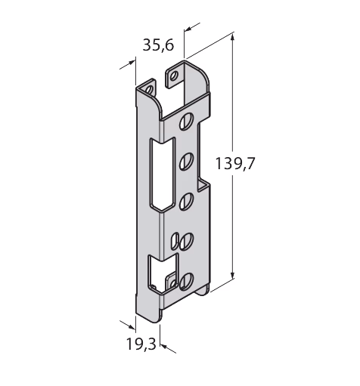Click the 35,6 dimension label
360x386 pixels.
pos(158,45)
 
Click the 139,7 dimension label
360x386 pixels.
pos(235,163)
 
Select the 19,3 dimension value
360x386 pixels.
pos(141,344)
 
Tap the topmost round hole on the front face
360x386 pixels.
pos(187,121)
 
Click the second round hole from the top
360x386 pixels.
pos(187,162)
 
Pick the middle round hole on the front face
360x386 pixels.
pos(187,201)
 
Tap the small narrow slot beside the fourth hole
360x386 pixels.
pos(175,242)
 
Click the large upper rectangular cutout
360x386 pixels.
pos(162,174)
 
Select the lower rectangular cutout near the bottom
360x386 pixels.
pos(163,273)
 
